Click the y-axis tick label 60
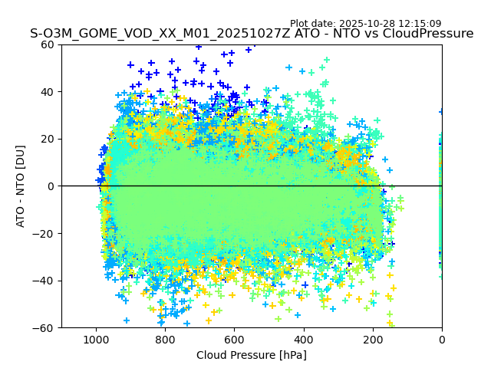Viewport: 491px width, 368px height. [x=48, y=44]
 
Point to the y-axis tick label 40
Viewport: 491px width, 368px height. [x=48, y=92]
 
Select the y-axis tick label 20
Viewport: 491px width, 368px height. [x=48, y=139]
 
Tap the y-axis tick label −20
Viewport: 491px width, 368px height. [x=45, y=233]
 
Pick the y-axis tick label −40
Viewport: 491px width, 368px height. [x=45, y=281]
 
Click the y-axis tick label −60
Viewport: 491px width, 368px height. [x=45, y=328]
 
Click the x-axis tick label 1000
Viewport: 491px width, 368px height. [x=96, y=339]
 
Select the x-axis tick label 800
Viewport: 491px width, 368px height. [x=165, y=339]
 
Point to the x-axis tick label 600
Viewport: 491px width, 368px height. [x=234, y=339]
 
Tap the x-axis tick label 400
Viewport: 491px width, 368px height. [x=304, y=339]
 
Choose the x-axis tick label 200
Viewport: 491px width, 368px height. [x=373, y=339]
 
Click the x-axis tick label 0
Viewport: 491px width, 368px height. [x=442, y=339]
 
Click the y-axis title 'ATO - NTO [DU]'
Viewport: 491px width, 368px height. [x=21, y=186]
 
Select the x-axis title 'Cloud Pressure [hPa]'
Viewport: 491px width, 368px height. [x=252, y=355]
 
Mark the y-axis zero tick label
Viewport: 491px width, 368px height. [x=52, y=186]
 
